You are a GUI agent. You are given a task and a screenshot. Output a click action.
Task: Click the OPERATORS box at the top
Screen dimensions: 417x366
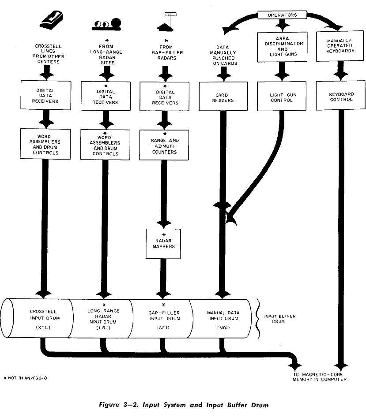(x=283, y=15)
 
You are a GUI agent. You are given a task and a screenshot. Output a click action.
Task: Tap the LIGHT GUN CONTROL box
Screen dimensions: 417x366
(x=282, y=97)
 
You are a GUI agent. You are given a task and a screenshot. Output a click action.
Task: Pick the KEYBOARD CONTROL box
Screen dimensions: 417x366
(x=341, y=97)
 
